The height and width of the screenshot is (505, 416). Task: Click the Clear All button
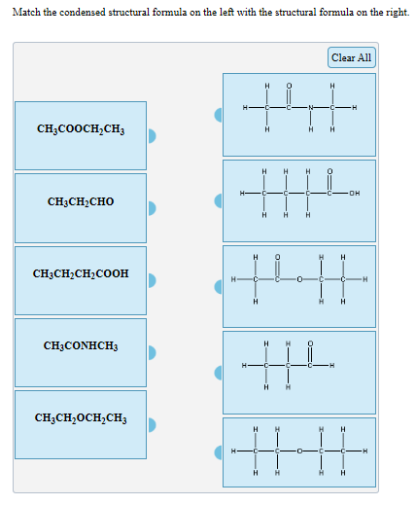click(351, 57)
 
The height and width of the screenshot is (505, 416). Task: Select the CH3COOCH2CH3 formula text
click(81, 128)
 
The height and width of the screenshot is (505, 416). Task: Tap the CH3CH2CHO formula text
click(81, 201)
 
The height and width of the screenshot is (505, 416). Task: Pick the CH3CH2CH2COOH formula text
click(81, 274)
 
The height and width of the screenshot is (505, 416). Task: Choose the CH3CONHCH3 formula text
click(81, 345)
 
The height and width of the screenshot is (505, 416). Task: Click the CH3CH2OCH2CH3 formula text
click(81, 418)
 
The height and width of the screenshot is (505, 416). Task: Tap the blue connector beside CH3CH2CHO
click(153, 208)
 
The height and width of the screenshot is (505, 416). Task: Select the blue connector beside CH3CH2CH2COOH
click(153, 280)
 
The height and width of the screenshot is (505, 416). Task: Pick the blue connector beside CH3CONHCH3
click(153, 352)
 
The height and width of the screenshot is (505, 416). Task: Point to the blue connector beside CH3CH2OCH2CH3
click(153, 424)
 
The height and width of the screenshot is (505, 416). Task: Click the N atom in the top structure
click(311, 107)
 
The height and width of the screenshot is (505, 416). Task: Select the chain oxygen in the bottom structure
click(299, 451)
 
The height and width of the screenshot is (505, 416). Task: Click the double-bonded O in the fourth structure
click(310, 344)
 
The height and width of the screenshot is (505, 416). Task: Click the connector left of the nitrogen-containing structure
click(220, 115)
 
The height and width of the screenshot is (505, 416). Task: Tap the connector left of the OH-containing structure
click(220, 200)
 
